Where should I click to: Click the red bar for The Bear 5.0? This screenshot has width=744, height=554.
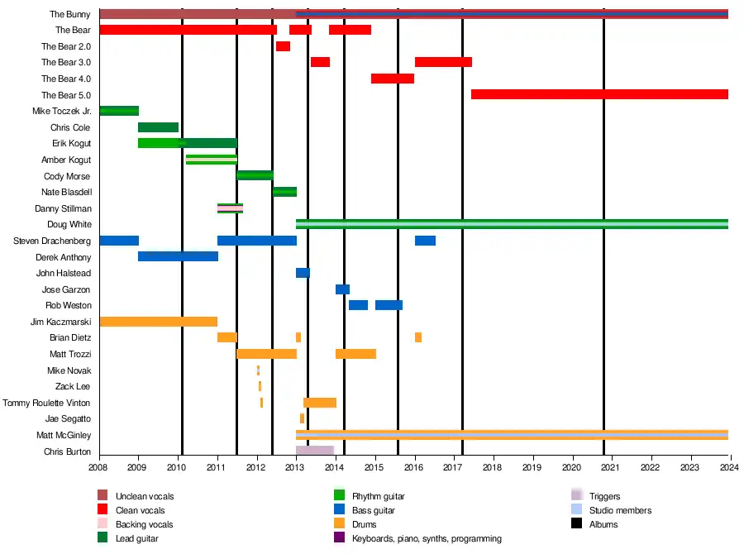tap(599, 94)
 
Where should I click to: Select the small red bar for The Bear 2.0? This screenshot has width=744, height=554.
tap(284, 46)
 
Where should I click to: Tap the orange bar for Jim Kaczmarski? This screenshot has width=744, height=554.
tap(158, 322)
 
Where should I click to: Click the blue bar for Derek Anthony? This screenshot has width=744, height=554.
tap(178, 256)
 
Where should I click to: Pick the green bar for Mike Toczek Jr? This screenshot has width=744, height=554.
tap(119, 111)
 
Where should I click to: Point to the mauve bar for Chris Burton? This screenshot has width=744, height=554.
tap(315, 451)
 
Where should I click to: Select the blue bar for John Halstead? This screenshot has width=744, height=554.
tap(303, 273)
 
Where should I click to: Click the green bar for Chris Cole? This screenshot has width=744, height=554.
tap(158, 127)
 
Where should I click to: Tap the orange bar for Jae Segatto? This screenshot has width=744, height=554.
tap(302, 418)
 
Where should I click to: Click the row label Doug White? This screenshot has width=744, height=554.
tap(69, 225)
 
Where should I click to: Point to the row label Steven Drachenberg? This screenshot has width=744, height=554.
tap(52, 241)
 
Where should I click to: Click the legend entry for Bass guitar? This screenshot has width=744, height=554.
tap(373, 510)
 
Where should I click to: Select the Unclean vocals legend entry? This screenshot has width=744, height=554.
tap(145, 496)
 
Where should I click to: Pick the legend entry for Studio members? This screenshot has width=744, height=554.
tap(620, 510)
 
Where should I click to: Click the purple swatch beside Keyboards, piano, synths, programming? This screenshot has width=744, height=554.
tap(339, 538)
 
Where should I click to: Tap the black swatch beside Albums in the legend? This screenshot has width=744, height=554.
tap(577, 524)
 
